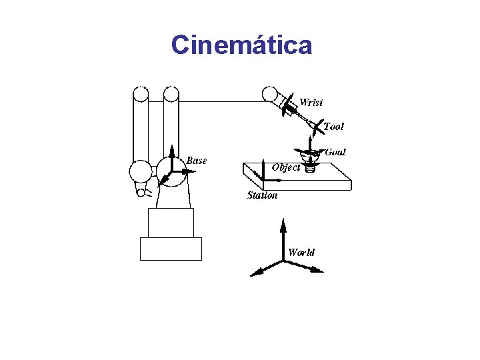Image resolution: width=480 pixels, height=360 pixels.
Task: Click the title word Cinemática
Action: [x=241, y=45]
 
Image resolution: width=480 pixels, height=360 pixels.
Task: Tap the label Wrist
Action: [x=311, y=102]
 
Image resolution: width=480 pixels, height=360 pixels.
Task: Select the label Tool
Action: [x=333, y=127]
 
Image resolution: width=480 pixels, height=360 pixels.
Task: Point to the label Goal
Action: [x=335, y=152]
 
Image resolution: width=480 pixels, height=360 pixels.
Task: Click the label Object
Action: [x=286, y=167]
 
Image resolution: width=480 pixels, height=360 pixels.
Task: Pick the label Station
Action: [x=262, y=195]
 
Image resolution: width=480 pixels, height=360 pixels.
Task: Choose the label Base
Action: [x=196, y=161]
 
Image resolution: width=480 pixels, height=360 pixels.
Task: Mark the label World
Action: [x=301, y=252]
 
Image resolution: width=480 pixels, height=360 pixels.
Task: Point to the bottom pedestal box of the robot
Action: [x=171, y=249]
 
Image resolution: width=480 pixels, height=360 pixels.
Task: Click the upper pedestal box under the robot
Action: [x=171, y=223]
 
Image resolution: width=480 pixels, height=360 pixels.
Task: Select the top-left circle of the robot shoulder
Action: [x=140, y=95]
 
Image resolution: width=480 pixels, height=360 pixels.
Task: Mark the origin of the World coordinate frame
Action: [x=283, y=261]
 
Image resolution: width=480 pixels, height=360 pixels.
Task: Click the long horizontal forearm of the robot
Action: [x=220, y=101]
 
